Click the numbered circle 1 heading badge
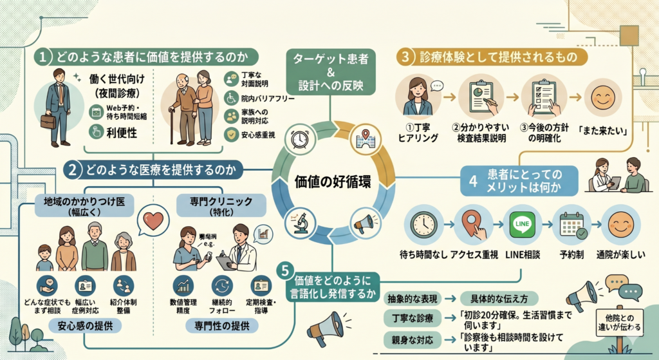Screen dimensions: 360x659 tap(42, 57)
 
